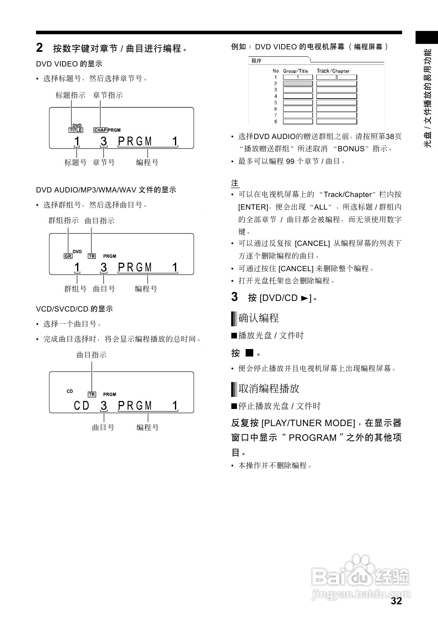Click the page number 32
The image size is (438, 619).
click(396, 601)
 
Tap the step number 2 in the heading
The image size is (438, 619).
click(40, 48)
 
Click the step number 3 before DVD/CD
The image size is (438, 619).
click(234, 297)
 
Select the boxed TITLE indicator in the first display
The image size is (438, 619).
click(76, 130)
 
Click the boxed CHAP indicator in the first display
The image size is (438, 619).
click(100, 130)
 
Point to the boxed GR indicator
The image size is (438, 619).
click(68, 256)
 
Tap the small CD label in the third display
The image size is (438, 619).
click(70, 391)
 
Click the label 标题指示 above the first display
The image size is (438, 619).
click(71, 95)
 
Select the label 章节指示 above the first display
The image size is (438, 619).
click(108, 95)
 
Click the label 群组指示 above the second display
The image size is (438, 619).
click(63, 221)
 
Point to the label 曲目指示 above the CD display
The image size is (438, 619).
click(91, 355)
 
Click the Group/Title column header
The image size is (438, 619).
click(296, 71)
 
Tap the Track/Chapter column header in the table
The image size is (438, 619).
click(333, 71)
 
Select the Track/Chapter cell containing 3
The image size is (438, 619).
click(336, 77)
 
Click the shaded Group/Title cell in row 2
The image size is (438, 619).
click(298, 84)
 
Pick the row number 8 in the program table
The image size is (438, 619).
click(276, 122)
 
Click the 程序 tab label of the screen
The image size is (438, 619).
click(257, 61)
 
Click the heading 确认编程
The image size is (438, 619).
click(259, 318)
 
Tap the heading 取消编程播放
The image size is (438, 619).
click(269, 389)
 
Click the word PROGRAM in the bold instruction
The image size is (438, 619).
click(312, 438)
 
